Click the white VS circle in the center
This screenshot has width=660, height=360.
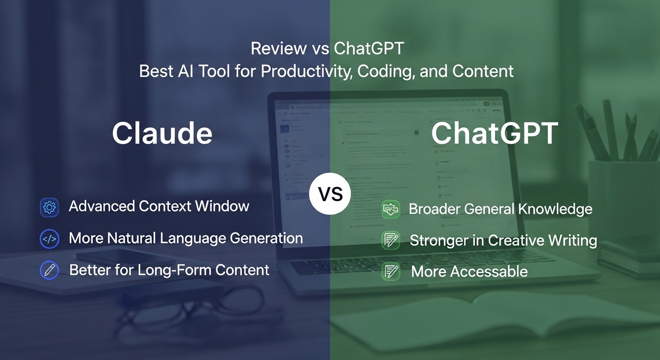pyautogui.click(x=330, y=194)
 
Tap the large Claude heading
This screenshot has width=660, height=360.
pyautogui.click(x=162, y=133)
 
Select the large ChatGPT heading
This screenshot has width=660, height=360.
pyautogui.click(x=495, y=133)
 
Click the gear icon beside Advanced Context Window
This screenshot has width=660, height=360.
pyautogui.click(x=49, y=207)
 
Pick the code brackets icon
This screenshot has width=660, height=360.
pyautogui.click(x=49, y=239)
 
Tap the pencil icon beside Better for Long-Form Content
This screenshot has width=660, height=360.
pyautogui.click(x=49, y=270)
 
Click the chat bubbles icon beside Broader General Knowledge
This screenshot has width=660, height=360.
pyautogui.click(x=390, y=209)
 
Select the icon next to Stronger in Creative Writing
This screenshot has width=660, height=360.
pyautogui.click(x=390, y=240)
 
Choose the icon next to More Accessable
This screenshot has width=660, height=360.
pyautogui.click(x=390, y=271)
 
